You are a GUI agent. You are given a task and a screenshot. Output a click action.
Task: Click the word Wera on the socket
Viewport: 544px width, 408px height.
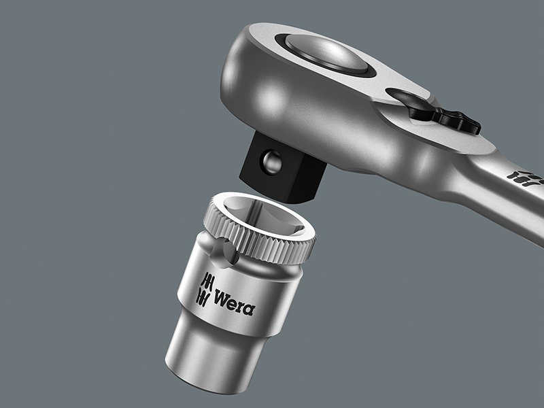click(235, 303)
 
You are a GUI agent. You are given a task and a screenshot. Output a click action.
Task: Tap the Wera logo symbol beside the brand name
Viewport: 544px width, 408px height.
click(203, 290)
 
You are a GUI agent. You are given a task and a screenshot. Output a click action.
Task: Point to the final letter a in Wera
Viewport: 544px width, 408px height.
click(250, 309)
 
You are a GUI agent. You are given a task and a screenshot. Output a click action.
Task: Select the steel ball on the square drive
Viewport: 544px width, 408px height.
click(271, 160)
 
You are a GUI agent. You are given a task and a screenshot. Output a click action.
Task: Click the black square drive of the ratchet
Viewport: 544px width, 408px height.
click(283, 167)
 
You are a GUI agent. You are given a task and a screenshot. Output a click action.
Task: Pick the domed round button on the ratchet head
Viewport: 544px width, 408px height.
click(326, 53)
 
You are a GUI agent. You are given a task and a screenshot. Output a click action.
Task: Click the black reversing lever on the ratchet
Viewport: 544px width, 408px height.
click(447, 117)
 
